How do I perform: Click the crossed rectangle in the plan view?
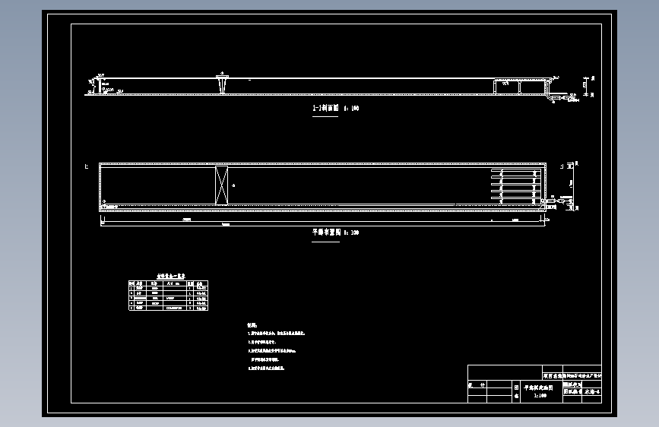(221, 185)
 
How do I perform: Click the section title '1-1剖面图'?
(326, 109)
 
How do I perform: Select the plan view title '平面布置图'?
(325, 232)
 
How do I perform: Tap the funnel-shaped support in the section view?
(223, 84)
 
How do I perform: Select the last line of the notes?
(266, 368)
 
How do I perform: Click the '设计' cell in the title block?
(477, 386)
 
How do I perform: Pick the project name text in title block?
(572, 375)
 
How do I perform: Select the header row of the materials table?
(168, 283)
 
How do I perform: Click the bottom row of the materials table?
(168, 308)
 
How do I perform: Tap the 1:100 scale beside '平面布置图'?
(351, 232)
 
